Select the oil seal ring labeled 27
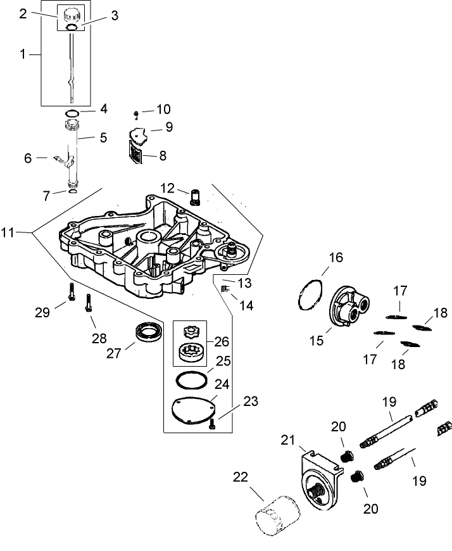(149, 332)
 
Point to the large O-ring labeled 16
(310, 294)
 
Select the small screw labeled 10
(136, 115)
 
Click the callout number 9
(168, 127)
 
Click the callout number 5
(102, 136)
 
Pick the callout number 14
(246, 305)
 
